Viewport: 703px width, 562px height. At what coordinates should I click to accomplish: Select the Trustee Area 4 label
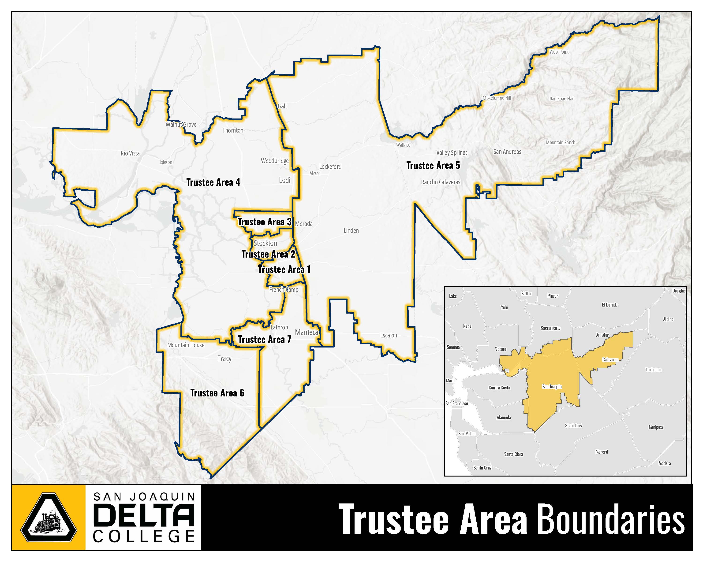[x=213, y=182]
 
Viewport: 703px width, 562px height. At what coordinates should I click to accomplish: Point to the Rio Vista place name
[x=130, y=153]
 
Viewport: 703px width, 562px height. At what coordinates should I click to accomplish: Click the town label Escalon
[x=388, y=335]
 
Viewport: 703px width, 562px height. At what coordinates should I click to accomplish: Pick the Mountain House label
[x=186, y=345]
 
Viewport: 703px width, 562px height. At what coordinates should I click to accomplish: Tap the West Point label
[x=559, y=52]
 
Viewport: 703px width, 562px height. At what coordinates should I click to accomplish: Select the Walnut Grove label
[x=181, y=124]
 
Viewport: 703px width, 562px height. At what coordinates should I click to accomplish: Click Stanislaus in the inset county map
[x=573, y=425]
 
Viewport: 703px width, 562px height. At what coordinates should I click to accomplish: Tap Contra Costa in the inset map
[x=499, y=388]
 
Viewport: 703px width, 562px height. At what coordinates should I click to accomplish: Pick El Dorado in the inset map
[x=610, y=305]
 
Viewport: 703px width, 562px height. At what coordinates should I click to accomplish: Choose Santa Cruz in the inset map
[x=482, y=468]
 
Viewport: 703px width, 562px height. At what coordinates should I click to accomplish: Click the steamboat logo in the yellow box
[x=49, y=518]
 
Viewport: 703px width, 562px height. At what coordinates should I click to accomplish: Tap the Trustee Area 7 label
[x=264, y=340]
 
